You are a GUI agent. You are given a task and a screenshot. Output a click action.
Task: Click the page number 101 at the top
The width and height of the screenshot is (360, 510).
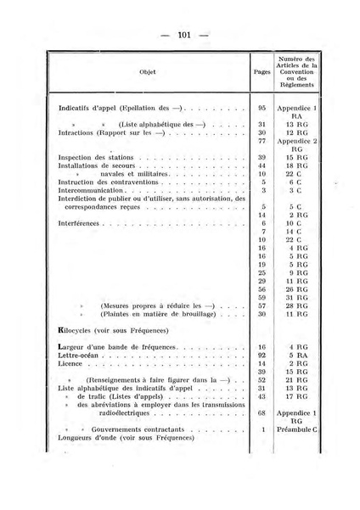[182, 35]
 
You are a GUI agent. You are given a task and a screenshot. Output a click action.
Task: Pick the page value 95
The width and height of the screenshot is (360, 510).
[263, 109]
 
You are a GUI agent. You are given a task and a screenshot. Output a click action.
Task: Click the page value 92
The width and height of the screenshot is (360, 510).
[263, 356]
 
